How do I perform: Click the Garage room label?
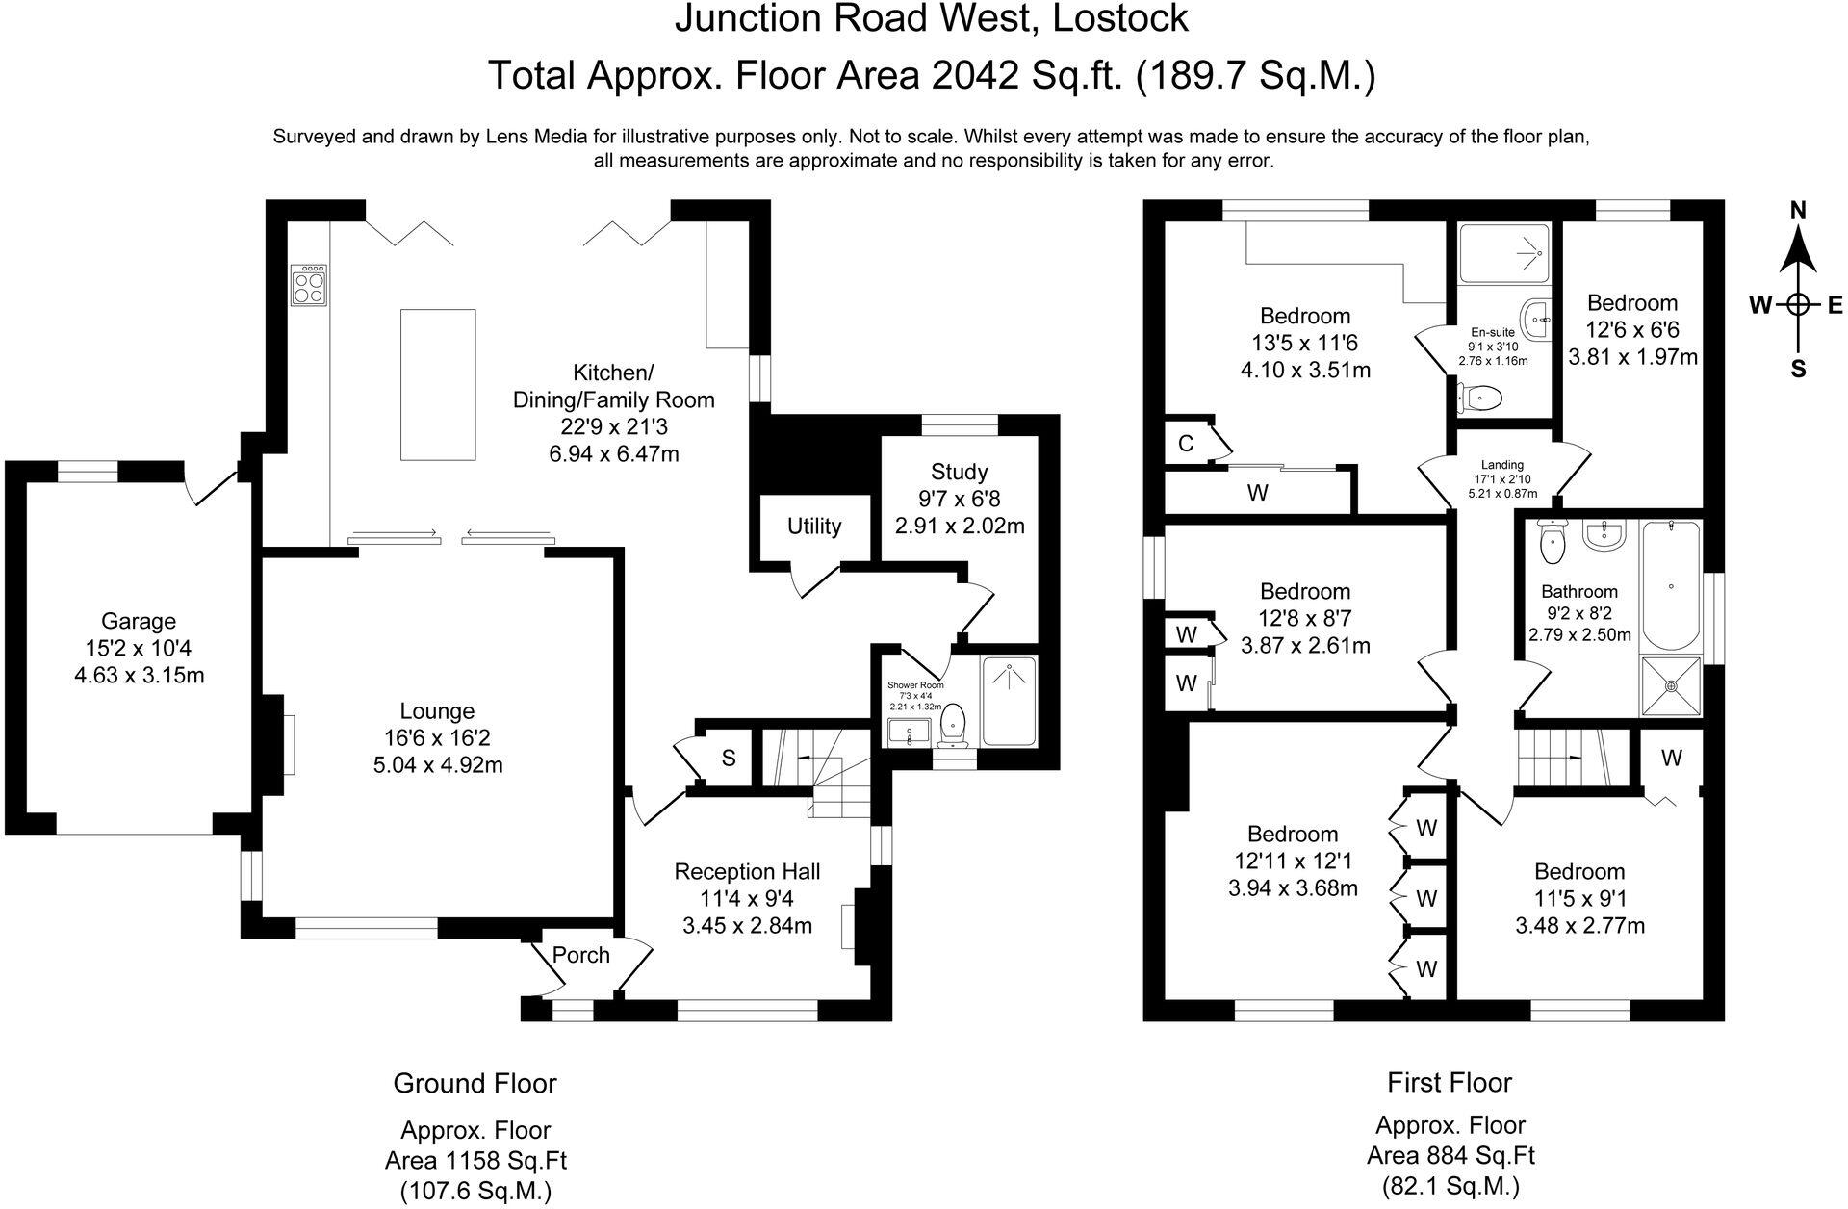(x=139, y=621)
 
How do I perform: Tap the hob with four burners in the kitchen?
(x=309, y=285)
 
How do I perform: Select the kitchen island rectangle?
(x=438, y=385)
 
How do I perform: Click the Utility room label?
(x=814, y=527)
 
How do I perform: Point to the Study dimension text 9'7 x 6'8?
(x=959, y=499)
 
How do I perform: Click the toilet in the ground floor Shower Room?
(x=954, y=725)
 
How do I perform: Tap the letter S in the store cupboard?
(x=729, y=759)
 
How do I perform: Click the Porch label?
(x=580, y=955)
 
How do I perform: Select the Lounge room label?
(x=437, y=711)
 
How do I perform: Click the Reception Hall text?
(x=747, y=872)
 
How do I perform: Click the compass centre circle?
(x=1797, y=305)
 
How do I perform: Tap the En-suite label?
(x=1493, y=332)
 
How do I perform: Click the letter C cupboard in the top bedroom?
(x=1186, y=444)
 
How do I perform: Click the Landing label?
(x=1501, y=465)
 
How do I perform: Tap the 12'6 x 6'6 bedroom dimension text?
(x=1632, y=330)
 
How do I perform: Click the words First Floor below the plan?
(x=1450, y=1083)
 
